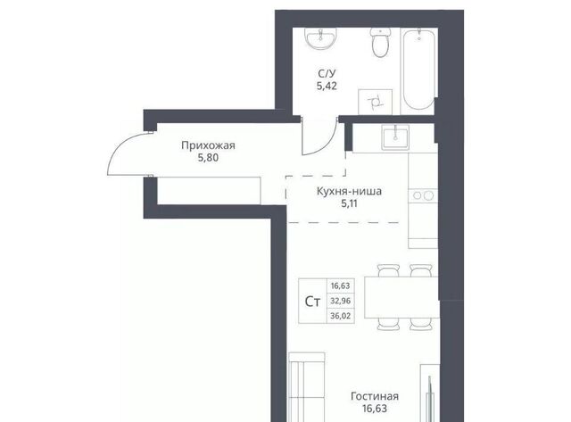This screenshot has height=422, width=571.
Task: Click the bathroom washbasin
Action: [321, 38]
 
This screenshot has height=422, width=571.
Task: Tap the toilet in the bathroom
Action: [380, 42]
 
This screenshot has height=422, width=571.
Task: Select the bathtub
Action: [418, 70]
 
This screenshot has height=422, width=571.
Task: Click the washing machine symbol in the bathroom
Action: [375, 102]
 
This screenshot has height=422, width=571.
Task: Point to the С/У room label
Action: [327, 73]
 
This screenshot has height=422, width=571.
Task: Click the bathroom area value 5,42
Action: [327, 87]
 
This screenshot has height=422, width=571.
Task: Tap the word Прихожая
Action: [208, 145]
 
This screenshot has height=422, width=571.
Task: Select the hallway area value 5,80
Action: [208, 158]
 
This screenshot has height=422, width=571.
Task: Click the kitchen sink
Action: [395, 137]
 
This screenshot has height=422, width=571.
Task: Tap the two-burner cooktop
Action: [423, 195]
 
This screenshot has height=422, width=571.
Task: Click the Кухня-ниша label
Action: [349, 191]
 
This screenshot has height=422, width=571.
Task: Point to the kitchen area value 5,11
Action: [349, 203]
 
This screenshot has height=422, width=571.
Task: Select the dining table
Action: [401, 297]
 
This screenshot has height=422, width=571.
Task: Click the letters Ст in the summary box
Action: [312, 302]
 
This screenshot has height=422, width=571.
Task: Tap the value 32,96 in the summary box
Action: [341, 301]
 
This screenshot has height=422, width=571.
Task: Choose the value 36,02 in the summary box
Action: [341, 316]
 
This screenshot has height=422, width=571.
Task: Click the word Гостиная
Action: [375, 396]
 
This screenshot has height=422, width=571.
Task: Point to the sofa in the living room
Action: [307, 386]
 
